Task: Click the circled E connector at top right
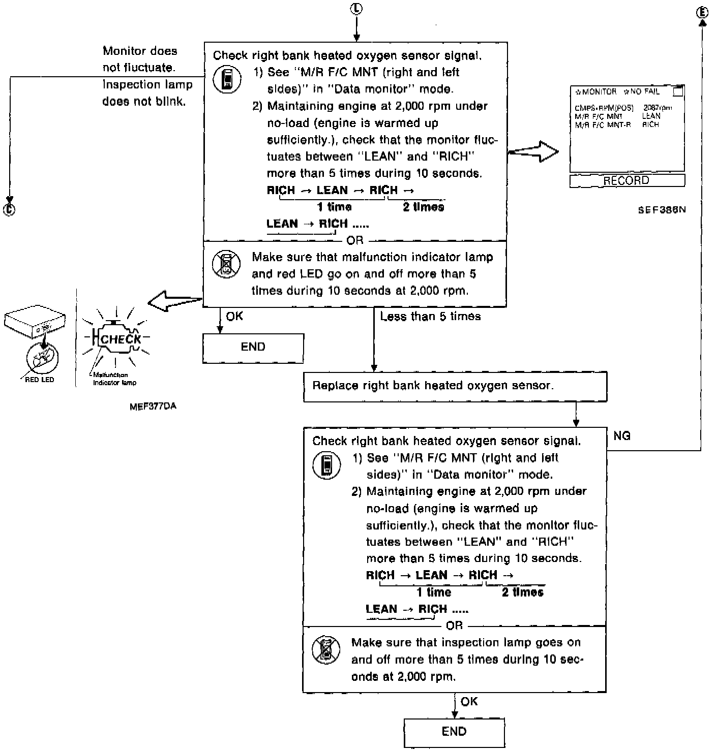[702, 12]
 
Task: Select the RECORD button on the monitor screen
[626, 181]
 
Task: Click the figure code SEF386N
[662, 210]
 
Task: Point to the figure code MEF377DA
[153, 406]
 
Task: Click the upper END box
[253, 348]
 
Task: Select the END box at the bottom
[454, 732]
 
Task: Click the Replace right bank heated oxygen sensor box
[455, 386]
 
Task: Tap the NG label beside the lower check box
[622, 436]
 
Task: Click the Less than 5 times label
[430, 317]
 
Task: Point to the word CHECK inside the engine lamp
[121, 339]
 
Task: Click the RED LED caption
[39, 380]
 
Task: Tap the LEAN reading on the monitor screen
[651, 116]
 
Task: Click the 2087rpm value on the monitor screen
[657, 108]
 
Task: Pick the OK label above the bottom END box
[469, 702]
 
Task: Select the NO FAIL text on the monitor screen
[644, 92]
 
